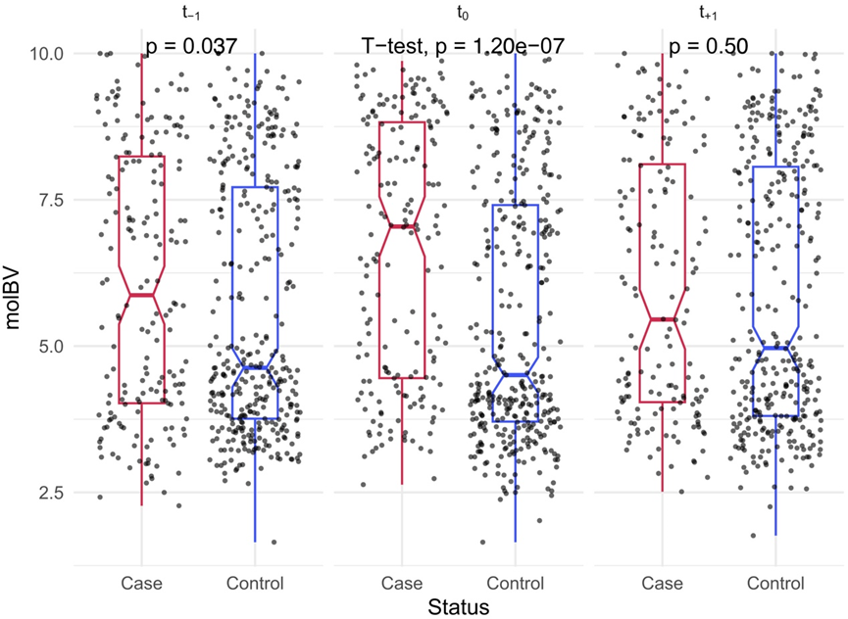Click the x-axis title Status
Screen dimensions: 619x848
[458, 606]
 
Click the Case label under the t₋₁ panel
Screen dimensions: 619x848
[141, 584]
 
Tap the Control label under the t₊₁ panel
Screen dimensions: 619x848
[775, 584]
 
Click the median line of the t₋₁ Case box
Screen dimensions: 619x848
[141, 295]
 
